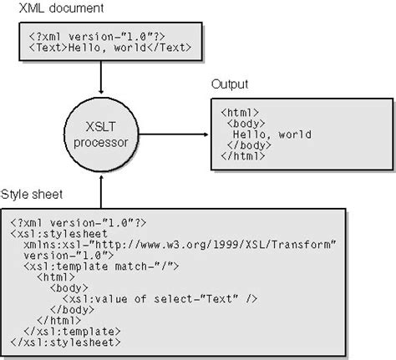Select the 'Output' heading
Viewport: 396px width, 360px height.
[x=230, y=85]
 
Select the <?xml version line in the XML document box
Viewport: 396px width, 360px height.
[x=83, y=36]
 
